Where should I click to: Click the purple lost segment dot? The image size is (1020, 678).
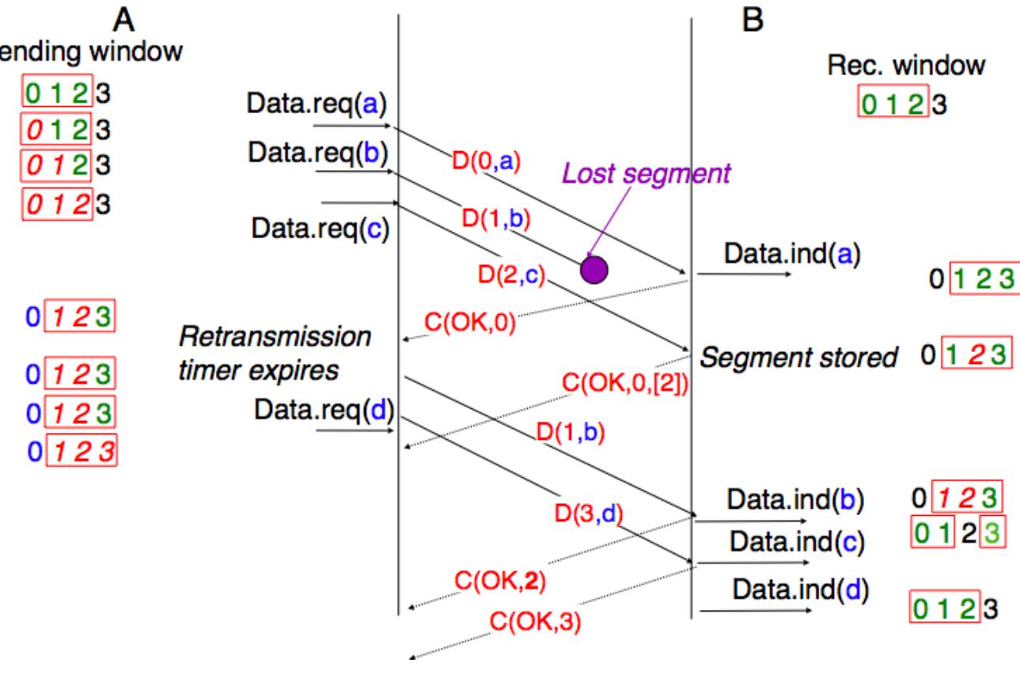coord(593,270)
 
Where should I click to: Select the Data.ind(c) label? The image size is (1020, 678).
coord(797,543)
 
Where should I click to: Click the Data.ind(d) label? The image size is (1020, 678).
coord(800,589)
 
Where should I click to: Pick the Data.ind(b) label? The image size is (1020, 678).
coord(795,500)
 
